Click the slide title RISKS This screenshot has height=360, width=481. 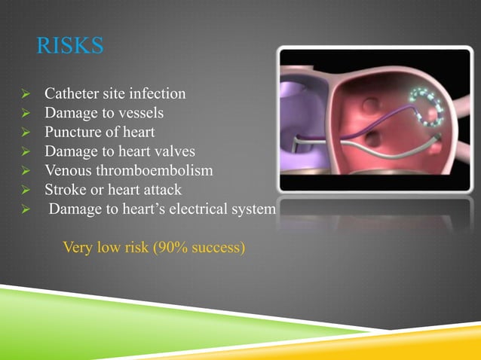(x=69, y=47)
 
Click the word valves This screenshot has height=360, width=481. (x=175, y=152)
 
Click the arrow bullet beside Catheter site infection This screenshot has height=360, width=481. (x=26, y=96)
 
